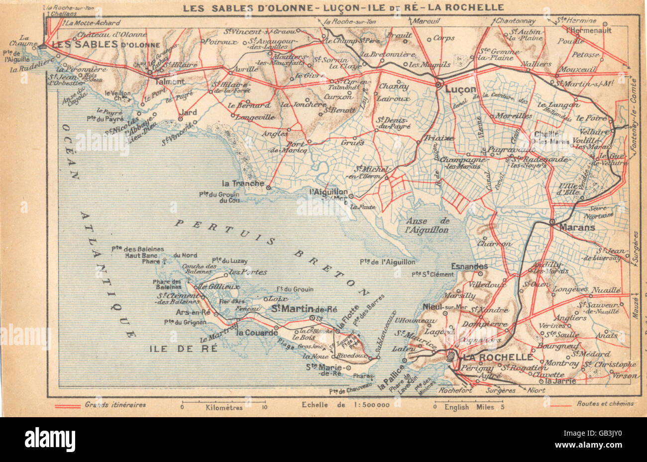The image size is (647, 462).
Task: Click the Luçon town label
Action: point(460,90)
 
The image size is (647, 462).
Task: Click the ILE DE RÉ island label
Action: point(184,348)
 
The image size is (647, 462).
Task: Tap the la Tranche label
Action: point(243,183)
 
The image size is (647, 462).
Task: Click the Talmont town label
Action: point(170,81)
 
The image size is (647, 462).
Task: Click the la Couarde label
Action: point(257,333)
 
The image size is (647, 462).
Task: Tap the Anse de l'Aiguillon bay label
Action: point(428,225)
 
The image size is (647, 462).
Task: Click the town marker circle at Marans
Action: point(552,222)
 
